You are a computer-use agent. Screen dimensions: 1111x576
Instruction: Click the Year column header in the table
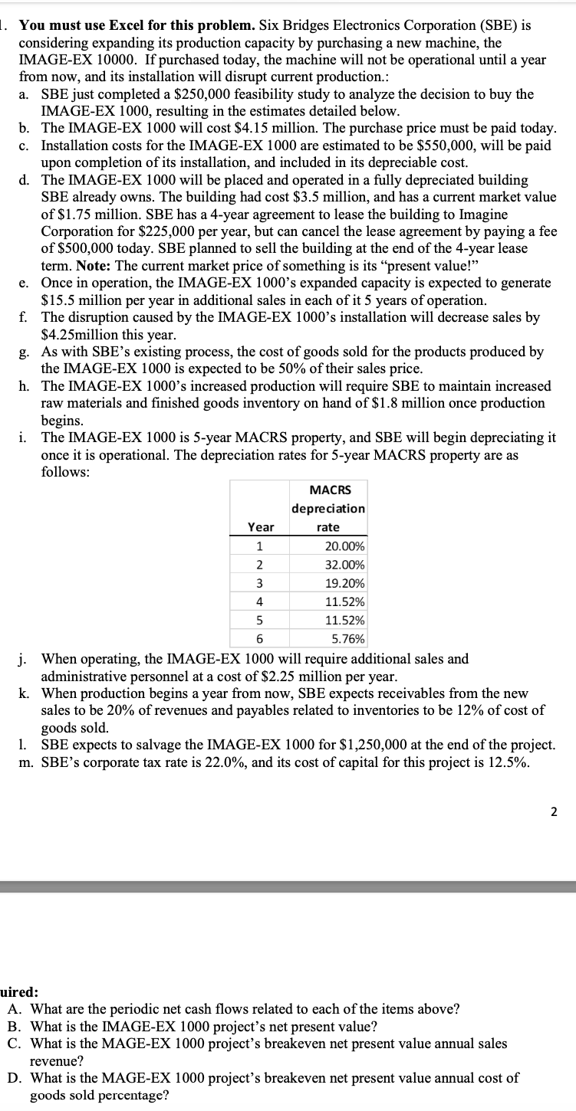coord(260,526)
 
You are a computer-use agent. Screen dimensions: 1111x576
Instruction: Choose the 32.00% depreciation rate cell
coord(344,565)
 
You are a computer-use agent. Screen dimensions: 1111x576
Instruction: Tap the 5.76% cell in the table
coord(348,639)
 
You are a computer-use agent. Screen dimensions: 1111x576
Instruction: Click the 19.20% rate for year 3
coord(344,583)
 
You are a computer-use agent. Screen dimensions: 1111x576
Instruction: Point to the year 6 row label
coord(259,639)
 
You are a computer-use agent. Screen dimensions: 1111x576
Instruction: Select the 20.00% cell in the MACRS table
coord(344,546)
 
